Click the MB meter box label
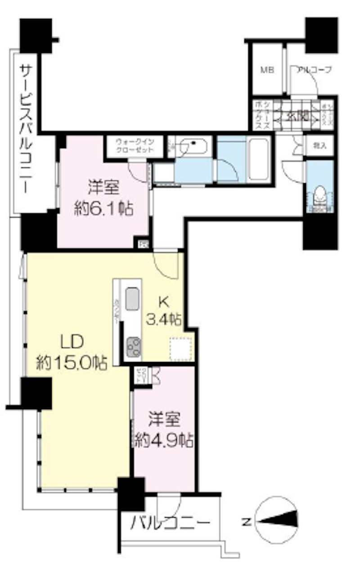click(268, 70)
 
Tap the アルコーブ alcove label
click(314, 70)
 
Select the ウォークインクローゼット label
click(135, 145)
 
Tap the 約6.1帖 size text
click(103, 209)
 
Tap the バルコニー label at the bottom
click(171, 523)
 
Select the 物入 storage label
click(320, 145)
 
